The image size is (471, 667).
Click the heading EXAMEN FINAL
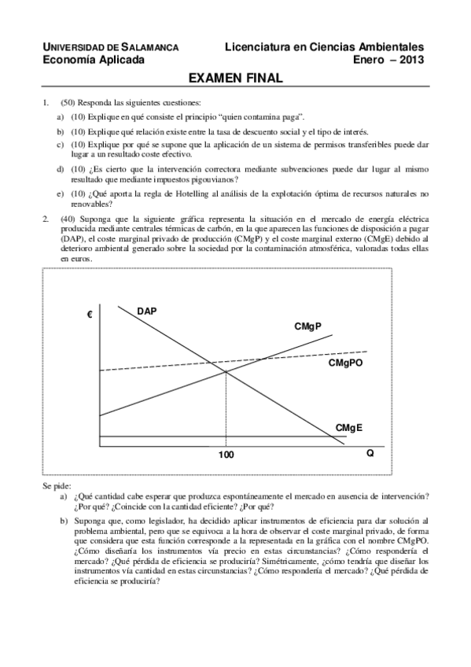(x=235, y=79)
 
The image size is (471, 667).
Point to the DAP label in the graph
(x=146, y=311)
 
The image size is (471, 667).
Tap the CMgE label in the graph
(x=349, y=427)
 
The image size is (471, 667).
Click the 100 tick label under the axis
(x=226, y=455)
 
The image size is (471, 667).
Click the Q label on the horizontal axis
(x=370, y=455)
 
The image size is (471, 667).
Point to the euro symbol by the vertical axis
(x=90, y=315)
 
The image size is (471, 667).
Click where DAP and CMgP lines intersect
(x=226, y=371)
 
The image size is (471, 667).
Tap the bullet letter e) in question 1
(x=61, y=194)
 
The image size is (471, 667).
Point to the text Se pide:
(x=57, y=487)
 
